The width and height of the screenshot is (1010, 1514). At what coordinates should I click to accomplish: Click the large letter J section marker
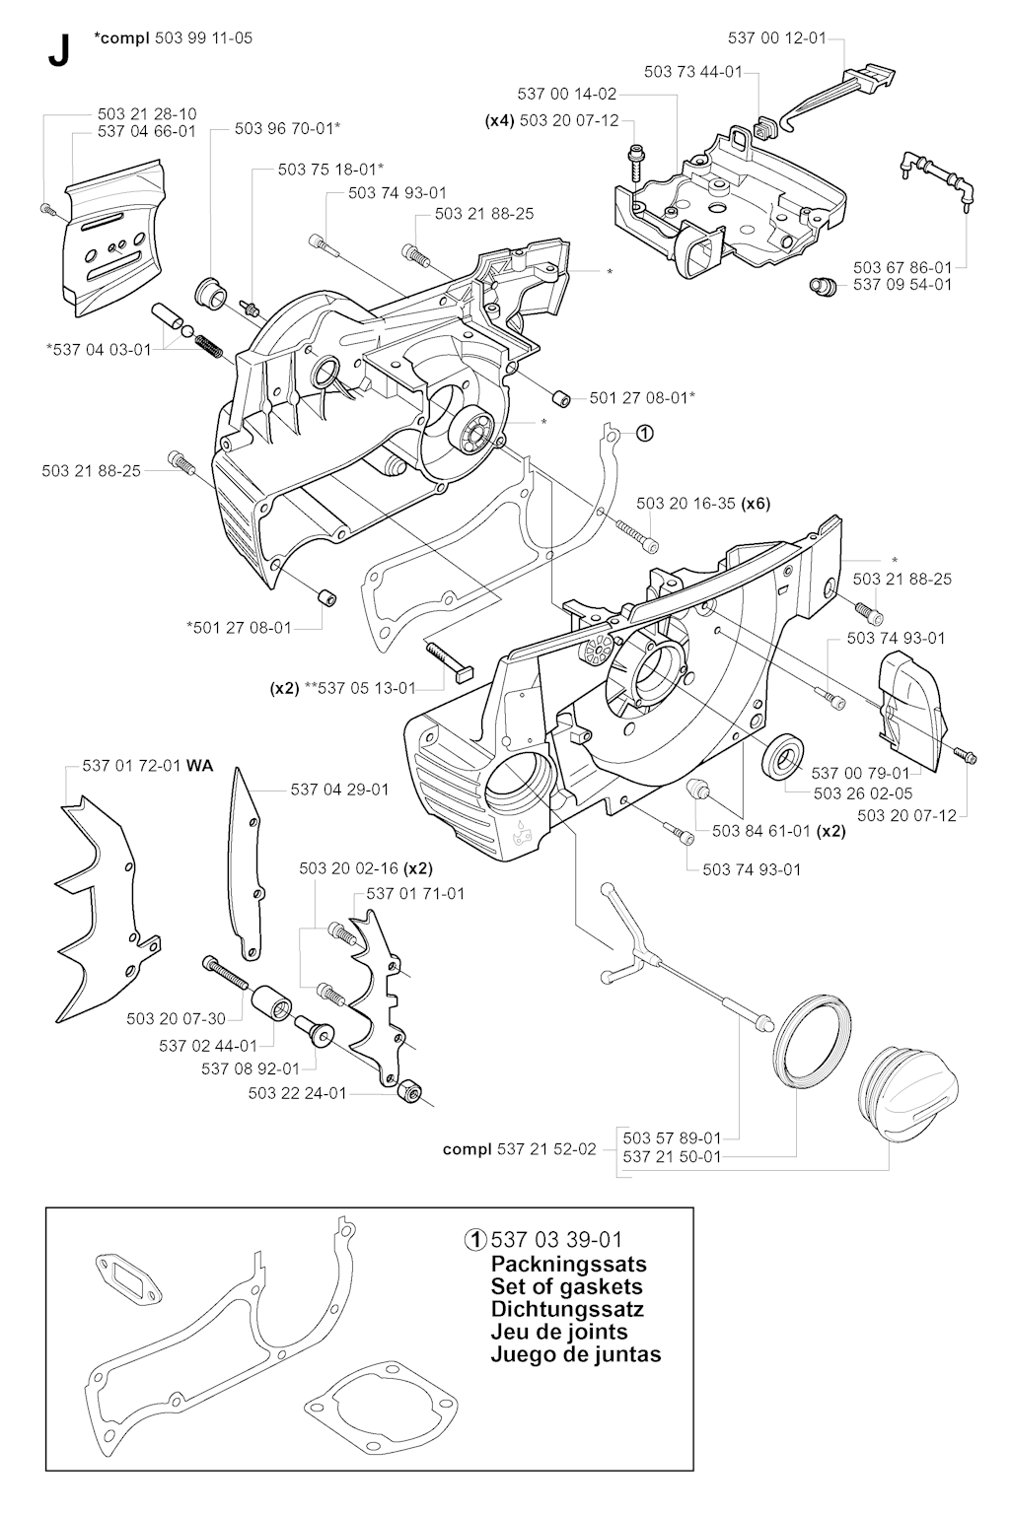click(x=58, y=52)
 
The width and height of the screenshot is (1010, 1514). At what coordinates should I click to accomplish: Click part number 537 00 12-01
click(x=776, y=38)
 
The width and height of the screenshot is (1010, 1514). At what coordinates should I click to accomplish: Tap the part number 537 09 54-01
click(x=902, y=284)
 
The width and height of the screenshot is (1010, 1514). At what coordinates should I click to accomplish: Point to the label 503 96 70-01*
click(x=288, y=127)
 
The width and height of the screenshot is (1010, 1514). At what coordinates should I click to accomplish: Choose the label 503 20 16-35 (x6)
click(x=702, y=503)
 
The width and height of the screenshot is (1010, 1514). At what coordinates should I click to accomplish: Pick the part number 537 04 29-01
click(x=339, y=789)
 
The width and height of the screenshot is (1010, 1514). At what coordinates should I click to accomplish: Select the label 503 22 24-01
click(x=297, y=1092)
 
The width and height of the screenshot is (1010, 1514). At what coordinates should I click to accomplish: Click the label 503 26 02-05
click(x=863, y=791)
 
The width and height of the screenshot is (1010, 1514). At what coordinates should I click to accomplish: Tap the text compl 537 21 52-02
click(x=519, y=1148)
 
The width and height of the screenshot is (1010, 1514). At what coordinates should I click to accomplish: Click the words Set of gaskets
click(x=566, y=1286)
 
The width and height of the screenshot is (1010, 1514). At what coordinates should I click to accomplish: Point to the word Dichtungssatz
click(x=567, y=1309)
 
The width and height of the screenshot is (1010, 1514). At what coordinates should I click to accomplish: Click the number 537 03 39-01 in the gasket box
click(x=556, y=1239)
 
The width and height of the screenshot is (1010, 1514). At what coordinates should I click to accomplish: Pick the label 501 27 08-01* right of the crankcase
click(x=642, y=397)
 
